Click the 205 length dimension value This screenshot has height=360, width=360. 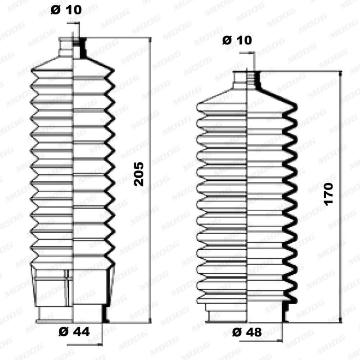pyautogui.click(x=139, y=174)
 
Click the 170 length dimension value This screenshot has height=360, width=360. pyautogui.click(x=328, y=194)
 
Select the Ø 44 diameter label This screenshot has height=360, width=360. pyautogui.click(x=74, y=332)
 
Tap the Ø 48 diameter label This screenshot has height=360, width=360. pyautogui.click(x=247, y=332)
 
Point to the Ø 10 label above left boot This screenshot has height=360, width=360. pyautogui.click(x=66, y=10)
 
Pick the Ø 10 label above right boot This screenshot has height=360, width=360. pyautogui.click(x=237, y=40)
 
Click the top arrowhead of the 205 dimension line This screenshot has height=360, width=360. pyautogui.click(x=150, y=40)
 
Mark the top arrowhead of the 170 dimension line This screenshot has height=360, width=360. pyautogui.click(x=341, y=73)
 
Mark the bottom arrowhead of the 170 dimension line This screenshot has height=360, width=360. pyautogui.click(x=341, y=320)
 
